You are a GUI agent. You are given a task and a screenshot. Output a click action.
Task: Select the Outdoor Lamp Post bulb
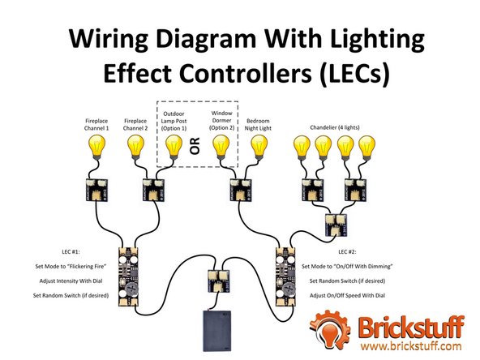tap(174, 147)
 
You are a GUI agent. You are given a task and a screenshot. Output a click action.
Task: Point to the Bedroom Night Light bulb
tap(259, 147)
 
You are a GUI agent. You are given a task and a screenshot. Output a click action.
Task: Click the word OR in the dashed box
tap(195, 146)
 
